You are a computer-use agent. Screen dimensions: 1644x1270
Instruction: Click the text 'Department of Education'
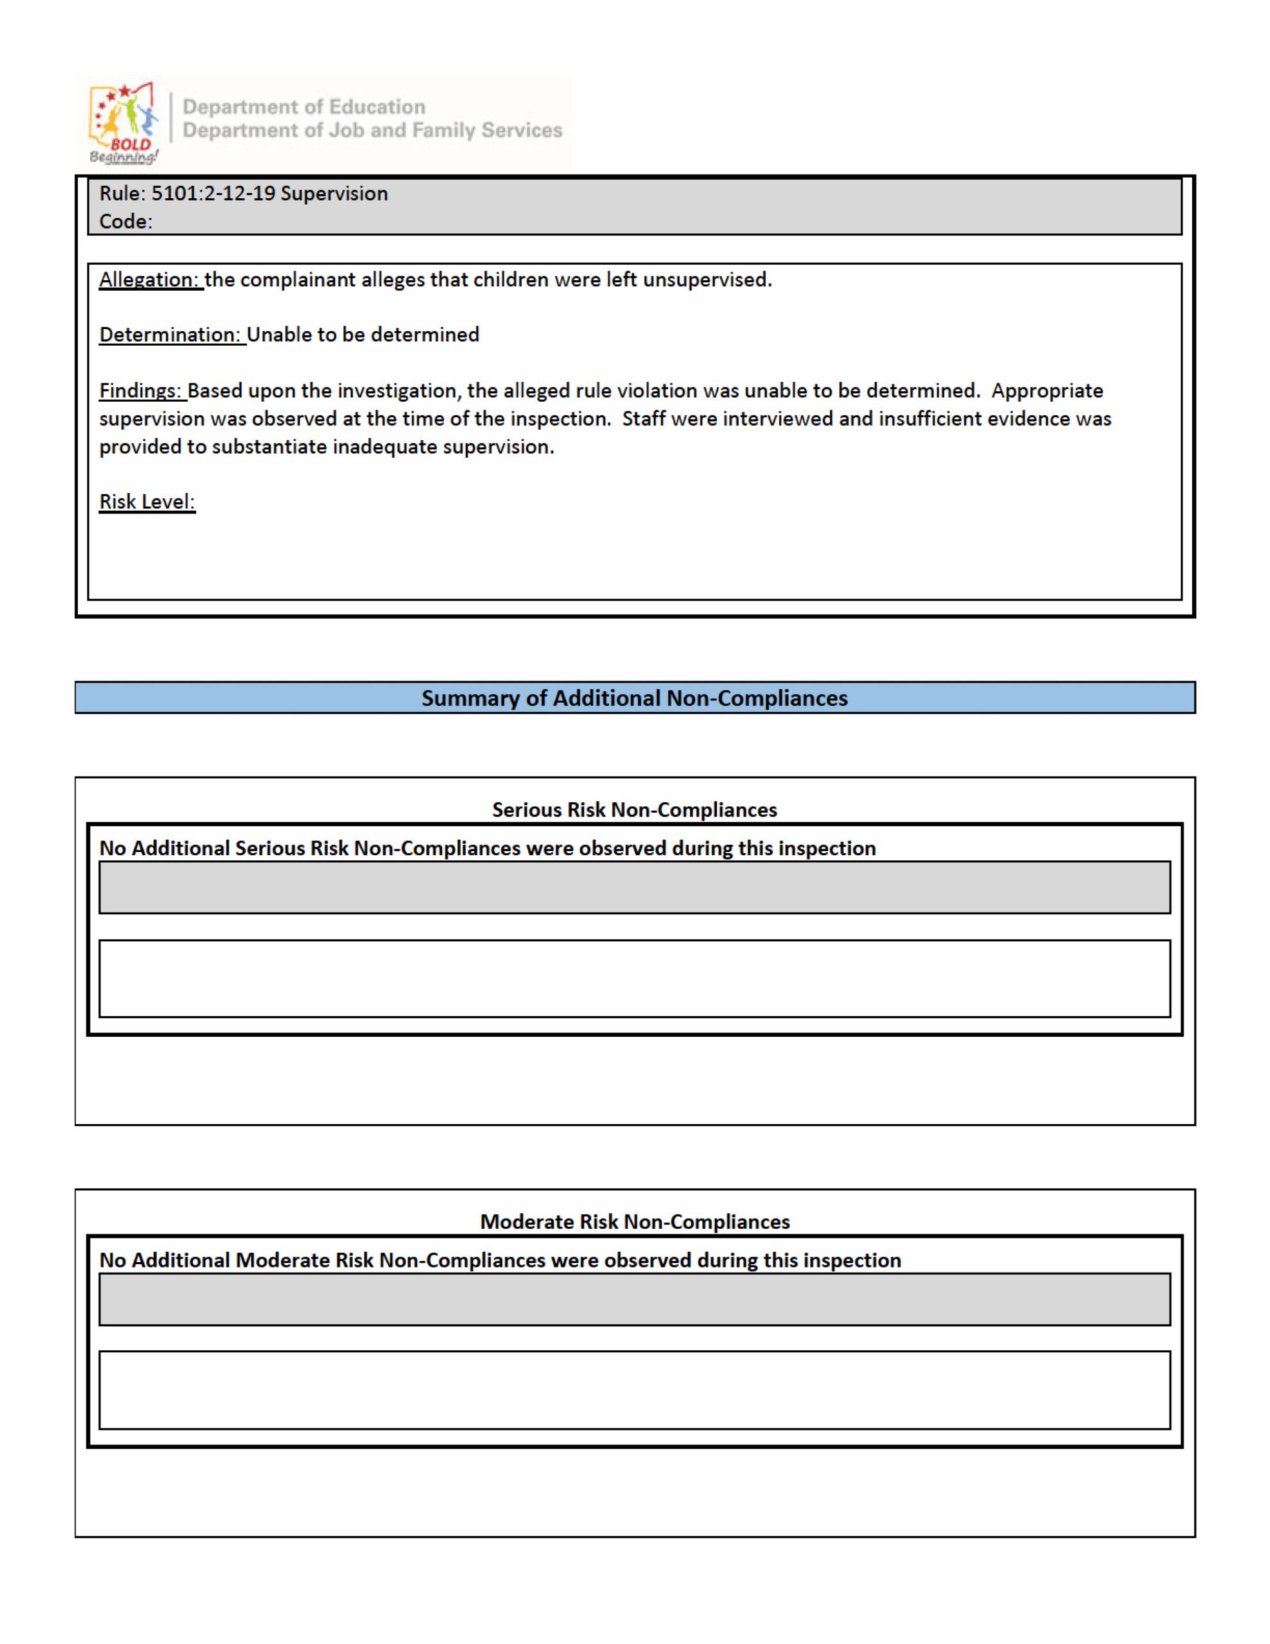tap(304, 107)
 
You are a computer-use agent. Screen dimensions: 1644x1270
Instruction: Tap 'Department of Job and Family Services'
tap(372, 130)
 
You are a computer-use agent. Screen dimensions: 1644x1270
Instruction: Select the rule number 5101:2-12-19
tap(213, 193)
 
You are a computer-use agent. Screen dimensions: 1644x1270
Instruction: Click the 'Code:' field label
tap(126, 222)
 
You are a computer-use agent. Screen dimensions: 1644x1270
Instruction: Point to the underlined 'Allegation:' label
tap(150, 280)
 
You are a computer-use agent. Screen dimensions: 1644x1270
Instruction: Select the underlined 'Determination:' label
tap(171, 335)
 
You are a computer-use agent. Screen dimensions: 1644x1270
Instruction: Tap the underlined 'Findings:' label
tap(141, 390)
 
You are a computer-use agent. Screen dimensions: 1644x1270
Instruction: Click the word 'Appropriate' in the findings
tap(1047, 390)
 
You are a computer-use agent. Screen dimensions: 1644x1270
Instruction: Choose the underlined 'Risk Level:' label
tap(147, 502)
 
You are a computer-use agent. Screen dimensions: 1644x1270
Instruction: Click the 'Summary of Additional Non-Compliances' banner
tap(634, 698)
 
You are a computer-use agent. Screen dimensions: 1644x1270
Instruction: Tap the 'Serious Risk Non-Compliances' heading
tap(634, 810)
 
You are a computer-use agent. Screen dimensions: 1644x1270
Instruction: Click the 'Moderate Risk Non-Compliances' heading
tap(634, 1221)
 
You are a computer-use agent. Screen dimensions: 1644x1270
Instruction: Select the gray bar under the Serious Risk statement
tap(634, 888)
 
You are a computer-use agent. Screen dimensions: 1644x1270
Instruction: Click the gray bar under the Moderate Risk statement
tap(634, 1299)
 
